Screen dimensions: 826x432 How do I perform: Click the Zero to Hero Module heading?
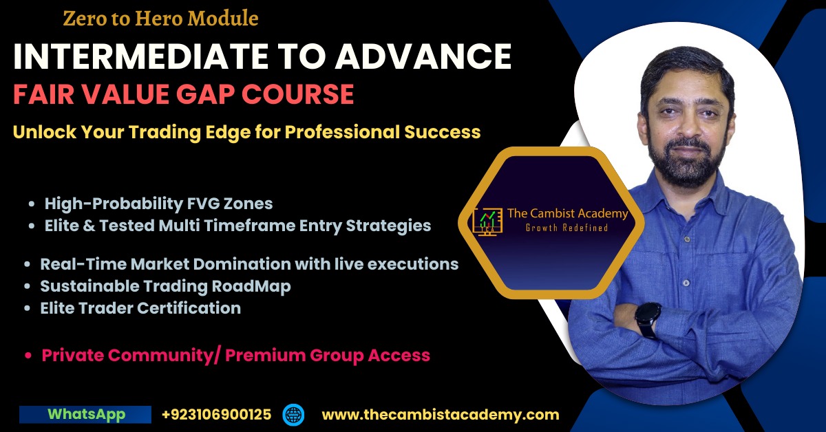pos(161,19)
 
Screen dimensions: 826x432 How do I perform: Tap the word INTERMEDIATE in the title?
pos(141,56)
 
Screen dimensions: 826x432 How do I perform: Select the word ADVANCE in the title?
pos(423,56)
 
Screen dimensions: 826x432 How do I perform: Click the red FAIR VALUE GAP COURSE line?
pos(184,94)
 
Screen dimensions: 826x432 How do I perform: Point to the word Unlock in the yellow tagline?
pos(45,131)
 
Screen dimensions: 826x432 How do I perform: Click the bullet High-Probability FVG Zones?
pos(158,204)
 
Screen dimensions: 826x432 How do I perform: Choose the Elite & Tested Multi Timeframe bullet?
pos(237,226)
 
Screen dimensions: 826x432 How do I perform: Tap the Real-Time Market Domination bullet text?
pos(249,264)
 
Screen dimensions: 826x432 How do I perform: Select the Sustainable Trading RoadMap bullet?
pos(166,286)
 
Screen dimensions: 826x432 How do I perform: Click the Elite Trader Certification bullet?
pos(140,308)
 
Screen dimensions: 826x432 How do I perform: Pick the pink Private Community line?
pos(236,356)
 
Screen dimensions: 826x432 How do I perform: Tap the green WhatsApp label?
pos(87,414)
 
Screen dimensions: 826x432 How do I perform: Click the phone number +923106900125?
pos(216,415)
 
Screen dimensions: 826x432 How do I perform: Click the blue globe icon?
pos(293,415)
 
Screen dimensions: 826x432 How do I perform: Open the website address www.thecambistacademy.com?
pos(441,415)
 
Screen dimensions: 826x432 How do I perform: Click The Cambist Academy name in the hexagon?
pos(568,213)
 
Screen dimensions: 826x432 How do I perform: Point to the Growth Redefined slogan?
pos(566,228)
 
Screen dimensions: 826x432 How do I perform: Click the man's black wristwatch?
pos(648,319)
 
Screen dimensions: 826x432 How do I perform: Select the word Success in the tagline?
pos(443,131)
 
